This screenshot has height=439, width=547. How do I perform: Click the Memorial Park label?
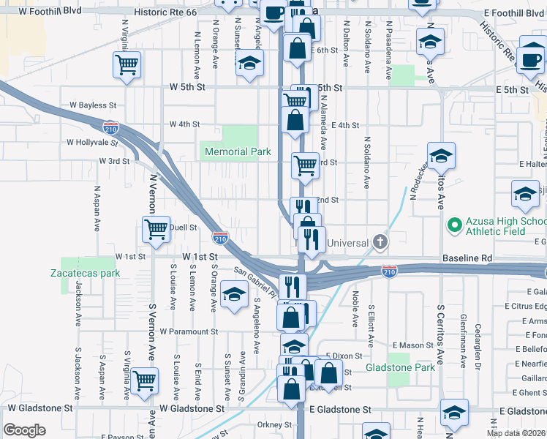238,152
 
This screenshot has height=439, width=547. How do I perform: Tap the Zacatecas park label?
85,273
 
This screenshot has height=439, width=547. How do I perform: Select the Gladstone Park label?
400,367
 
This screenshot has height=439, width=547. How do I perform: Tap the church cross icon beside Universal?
380,242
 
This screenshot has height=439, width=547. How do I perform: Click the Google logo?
24,430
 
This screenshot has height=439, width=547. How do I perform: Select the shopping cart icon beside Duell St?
156,229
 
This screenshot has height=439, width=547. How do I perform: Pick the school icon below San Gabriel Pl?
234,296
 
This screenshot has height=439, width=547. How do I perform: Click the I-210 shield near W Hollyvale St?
111,127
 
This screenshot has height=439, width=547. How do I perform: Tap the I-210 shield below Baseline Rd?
389,272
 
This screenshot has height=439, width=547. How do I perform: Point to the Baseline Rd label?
468,259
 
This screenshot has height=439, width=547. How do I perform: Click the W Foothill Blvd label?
48,12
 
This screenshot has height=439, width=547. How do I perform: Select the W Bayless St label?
93,106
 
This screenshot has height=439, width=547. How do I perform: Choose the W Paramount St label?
189,331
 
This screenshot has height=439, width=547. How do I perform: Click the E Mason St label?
413,345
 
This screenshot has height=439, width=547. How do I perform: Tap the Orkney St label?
274,424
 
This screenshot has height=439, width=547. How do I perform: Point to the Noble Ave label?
355,309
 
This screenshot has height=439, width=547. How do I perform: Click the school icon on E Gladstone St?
454,413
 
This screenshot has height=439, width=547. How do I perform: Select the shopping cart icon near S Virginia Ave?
144,380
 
